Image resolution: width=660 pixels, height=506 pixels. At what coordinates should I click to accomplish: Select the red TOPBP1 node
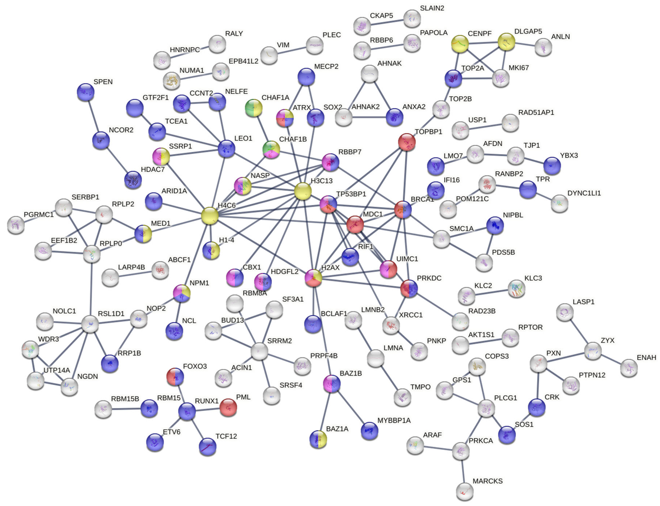407,142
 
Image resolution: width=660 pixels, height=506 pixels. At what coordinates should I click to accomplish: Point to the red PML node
228,407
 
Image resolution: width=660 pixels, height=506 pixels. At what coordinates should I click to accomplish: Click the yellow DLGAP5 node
506,42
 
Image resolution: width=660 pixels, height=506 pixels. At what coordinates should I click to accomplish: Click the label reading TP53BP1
351,194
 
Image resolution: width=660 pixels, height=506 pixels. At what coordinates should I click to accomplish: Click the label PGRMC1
39,214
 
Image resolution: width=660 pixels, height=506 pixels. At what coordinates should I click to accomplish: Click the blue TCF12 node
208,447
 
